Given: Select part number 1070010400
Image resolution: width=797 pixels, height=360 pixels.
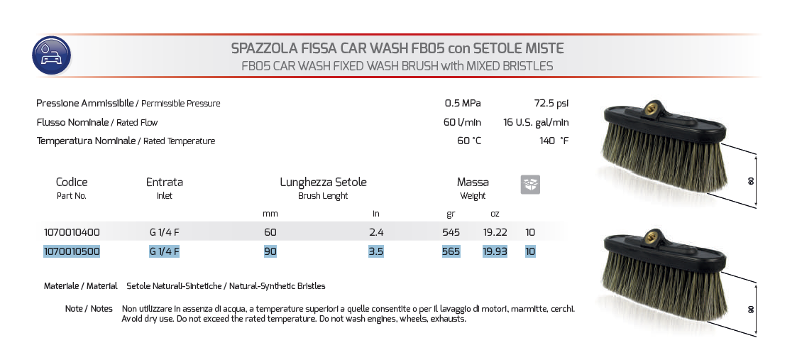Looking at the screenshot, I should point(72,232).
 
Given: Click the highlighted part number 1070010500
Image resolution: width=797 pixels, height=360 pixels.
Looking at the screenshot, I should point(72,251).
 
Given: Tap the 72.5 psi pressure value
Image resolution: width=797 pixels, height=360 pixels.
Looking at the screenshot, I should point(551,104).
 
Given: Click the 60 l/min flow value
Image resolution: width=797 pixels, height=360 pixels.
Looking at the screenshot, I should point(462,122).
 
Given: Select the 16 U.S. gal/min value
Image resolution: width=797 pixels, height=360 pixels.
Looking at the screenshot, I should point(536,122).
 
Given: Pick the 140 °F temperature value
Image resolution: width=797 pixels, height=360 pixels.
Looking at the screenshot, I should point(554,141).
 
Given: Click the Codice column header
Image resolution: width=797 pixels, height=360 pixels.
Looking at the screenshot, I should point(72,182).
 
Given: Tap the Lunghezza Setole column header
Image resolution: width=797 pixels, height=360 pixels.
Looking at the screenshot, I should point(323,182).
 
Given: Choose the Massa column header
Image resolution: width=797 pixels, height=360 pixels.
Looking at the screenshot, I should point(473,182).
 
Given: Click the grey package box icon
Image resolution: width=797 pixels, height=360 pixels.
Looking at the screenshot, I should point(530,185).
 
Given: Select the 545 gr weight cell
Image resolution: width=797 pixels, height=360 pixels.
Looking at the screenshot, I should point(451,232).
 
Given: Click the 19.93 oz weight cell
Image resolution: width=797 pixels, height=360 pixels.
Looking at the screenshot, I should point(495,251).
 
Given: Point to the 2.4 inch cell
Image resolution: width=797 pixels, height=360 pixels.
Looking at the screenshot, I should point(376,232).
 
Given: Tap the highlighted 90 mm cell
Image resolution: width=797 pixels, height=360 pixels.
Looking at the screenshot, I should point(270,251).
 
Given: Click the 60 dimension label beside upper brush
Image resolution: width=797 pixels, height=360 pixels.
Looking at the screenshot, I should point(751,181).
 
